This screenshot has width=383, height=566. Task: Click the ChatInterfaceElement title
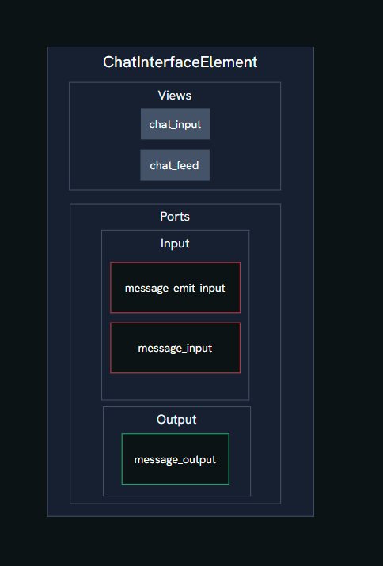[180, 62]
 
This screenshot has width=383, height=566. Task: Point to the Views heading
[175, 96]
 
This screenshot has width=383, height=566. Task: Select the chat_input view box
[175, 124]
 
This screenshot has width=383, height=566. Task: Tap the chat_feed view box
[175, 165]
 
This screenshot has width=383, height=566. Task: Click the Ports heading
[175, 217]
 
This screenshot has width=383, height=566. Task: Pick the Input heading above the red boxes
[175, 243]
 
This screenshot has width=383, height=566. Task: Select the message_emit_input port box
[175, 288]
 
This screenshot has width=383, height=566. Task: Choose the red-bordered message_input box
[175, 348]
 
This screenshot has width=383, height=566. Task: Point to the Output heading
[176, 420]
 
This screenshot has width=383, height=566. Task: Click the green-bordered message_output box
[175, 458]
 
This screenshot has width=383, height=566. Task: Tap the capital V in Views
[162, 96]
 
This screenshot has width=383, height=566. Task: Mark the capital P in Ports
[164, 217]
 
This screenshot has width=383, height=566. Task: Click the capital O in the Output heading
[162, 420]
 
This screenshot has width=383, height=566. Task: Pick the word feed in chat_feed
[188, 165]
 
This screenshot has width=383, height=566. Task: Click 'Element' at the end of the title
[229, 62]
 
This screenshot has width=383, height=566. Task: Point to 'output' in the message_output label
[199, 459]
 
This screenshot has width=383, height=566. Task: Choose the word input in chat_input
[189, 125]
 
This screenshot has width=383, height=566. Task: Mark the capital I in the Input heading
[162, 243]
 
